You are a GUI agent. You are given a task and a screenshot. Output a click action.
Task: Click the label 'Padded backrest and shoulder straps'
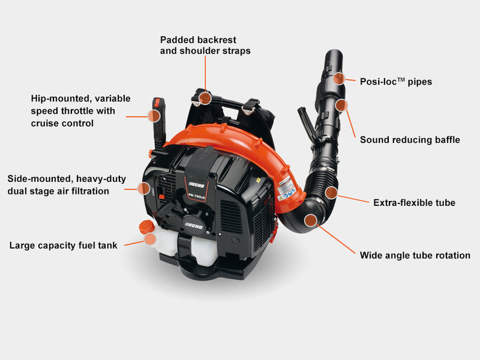tap(205, 46)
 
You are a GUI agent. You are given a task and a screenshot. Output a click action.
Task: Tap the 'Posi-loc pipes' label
tap(396, 82)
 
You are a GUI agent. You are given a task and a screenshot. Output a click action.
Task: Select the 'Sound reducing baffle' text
tap(410, 140)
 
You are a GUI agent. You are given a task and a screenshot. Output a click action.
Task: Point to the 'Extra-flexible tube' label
tap(414, 203)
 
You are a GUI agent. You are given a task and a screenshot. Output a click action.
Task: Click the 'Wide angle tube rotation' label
tap(415, 256)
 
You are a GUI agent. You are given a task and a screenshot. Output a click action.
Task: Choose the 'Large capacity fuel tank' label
tap(64, 245)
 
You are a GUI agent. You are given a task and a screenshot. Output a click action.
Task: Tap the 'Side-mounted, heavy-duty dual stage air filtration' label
tap(67, 185)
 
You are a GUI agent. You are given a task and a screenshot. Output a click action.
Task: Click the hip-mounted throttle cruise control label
tap(80, 111)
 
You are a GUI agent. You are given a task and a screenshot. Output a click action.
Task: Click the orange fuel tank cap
tap(146, 227)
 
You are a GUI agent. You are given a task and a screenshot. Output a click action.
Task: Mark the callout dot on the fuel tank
tap(150, 239)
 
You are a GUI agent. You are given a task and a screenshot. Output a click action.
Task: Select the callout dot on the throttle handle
tap(154, 116)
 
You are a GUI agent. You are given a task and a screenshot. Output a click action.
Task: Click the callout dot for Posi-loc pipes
tap(339, 79)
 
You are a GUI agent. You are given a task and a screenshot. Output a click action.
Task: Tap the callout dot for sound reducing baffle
tap(341, 106)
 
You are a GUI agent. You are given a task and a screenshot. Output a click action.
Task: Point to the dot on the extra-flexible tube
tap(331, 193)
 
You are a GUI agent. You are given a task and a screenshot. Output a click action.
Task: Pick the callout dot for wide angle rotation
tap(311, 220)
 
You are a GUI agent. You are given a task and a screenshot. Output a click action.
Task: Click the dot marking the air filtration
tap(143, 188)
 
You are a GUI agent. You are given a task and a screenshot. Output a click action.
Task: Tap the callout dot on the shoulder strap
tap(205, 98)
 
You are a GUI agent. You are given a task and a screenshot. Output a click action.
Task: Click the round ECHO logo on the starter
tap(193, 226)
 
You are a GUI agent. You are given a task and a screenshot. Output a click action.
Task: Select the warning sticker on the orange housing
tap(286, 189)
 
